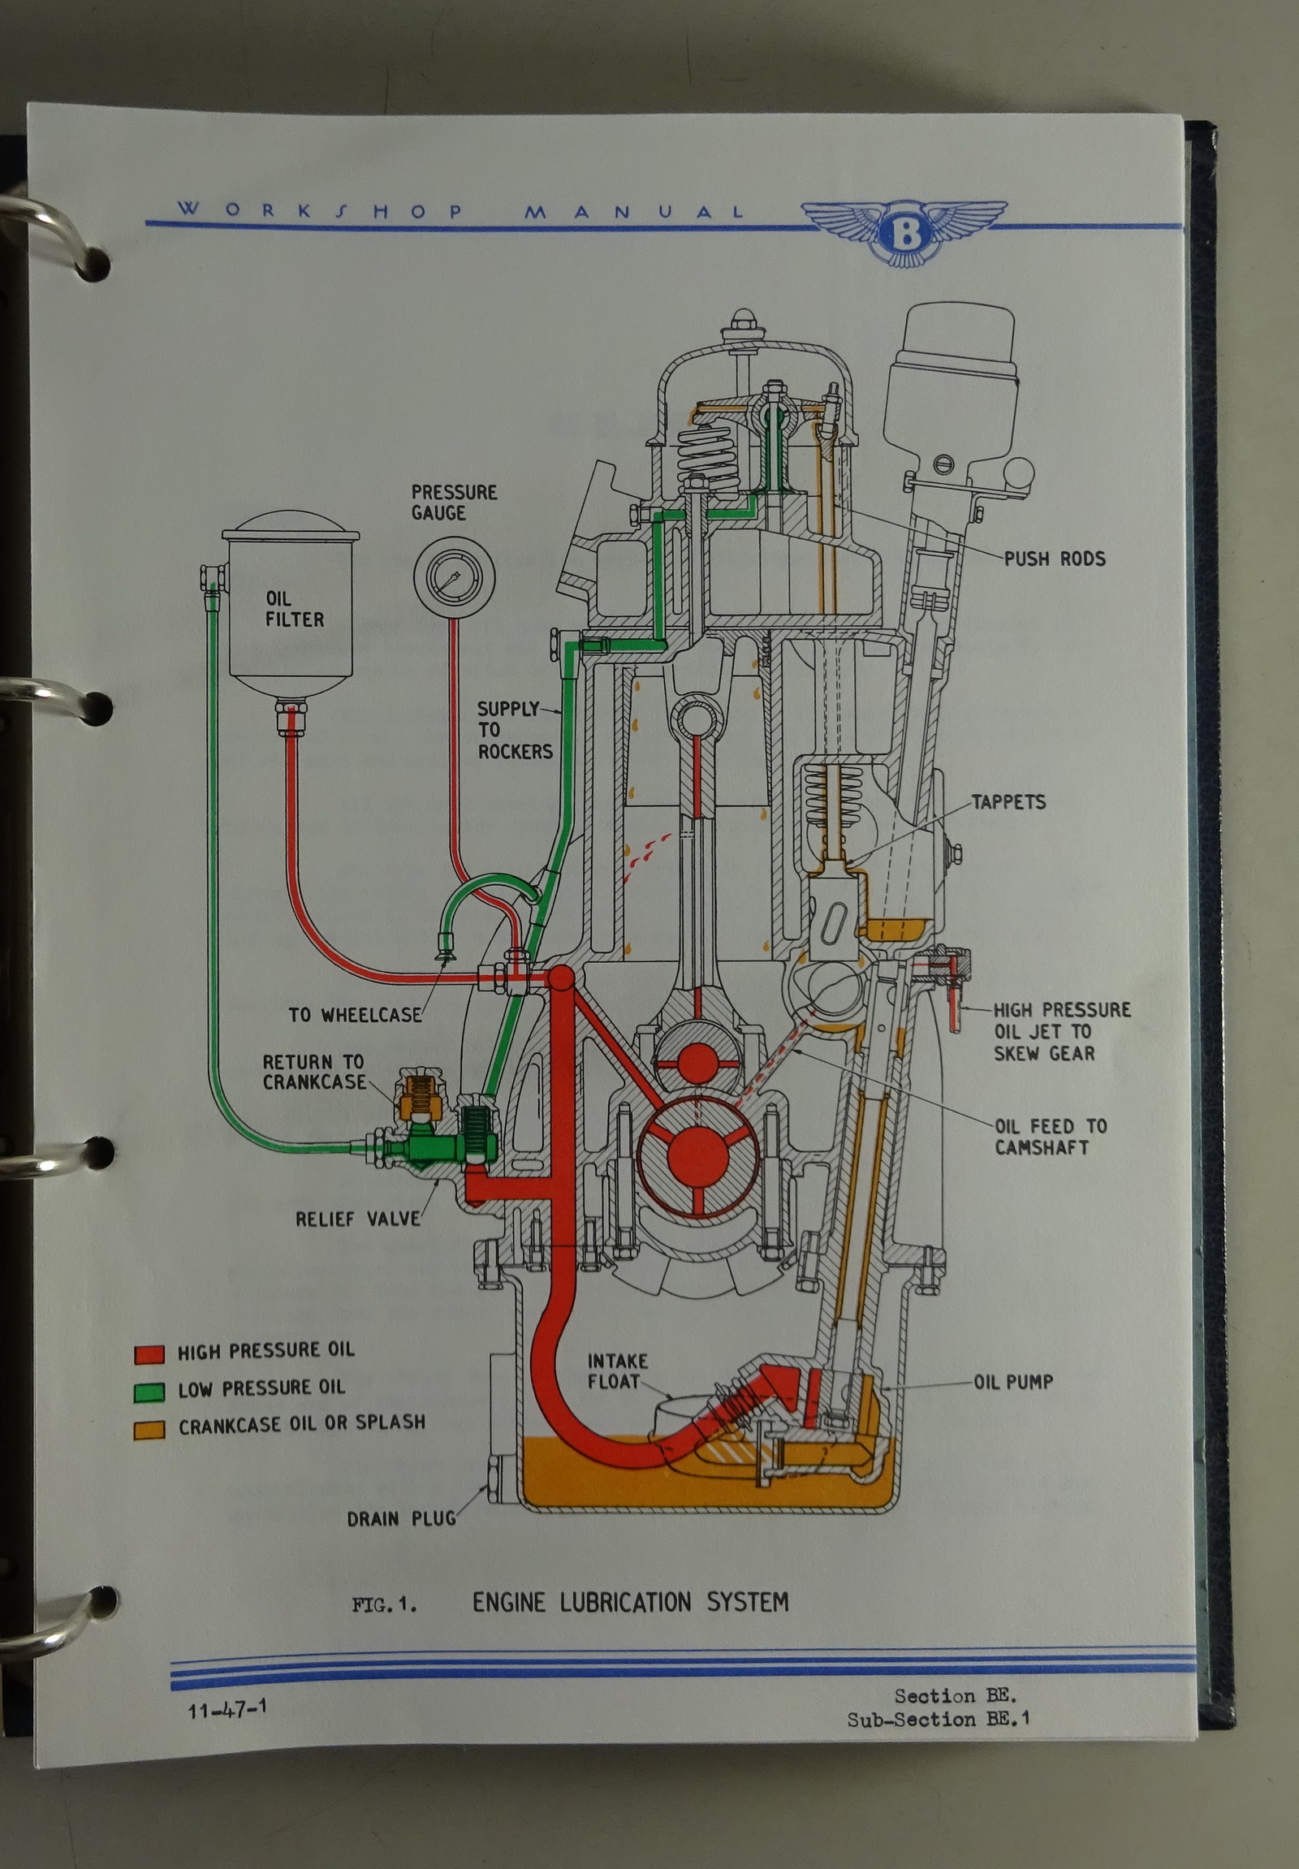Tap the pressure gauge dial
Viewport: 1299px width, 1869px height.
point(454,579)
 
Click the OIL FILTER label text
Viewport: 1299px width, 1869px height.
point(294,609)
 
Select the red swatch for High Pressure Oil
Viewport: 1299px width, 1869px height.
point(149,1353)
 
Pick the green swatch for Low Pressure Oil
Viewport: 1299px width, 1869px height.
point(149,1391)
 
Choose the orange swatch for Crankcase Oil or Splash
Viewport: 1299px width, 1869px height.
point(149,1430)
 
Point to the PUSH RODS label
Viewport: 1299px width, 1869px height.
point(1054,559)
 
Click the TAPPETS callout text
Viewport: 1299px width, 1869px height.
point(1008,802)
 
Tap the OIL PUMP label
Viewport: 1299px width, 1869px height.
point(1012,1381)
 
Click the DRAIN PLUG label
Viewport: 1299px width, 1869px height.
point(401,1519)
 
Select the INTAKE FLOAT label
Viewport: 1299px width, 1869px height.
point(618,1370)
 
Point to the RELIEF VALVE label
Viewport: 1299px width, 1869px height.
point(357,1219)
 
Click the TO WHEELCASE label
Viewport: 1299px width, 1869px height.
point(355,1015)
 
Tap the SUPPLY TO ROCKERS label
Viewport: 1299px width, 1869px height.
point(514,730)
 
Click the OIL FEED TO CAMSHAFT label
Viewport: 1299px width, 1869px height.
point(1049,1137)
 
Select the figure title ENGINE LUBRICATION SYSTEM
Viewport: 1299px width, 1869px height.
point(630,1602)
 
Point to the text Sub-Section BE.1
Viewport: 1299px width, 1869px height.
point(938,1720)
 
